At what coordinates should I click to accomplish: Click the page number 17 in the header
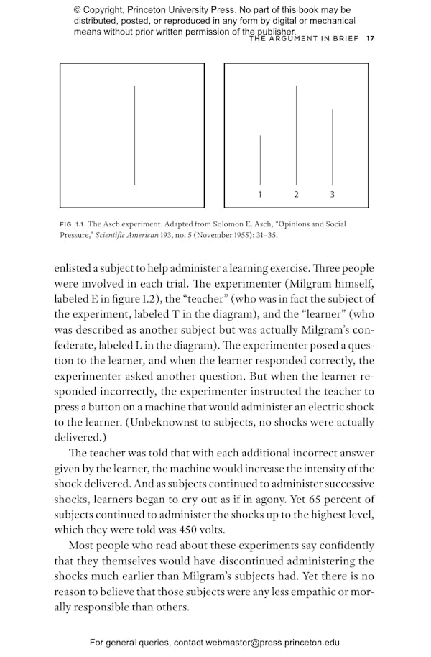tap(369, 39)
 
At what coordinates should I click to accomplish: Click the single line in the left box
tap(134, 135)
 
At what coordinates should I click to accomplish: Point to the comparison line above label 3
tap(332, 147)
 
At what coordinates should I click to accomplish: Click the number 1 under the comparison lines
tap(260, 195)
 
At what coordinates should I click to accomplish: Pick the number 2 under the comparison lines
tap(296, 195)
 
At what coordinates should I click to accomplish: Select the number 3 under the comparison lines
tap(332, 195)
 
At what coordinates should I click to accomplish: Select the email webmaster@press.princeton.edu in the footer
tap(272, 643)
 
